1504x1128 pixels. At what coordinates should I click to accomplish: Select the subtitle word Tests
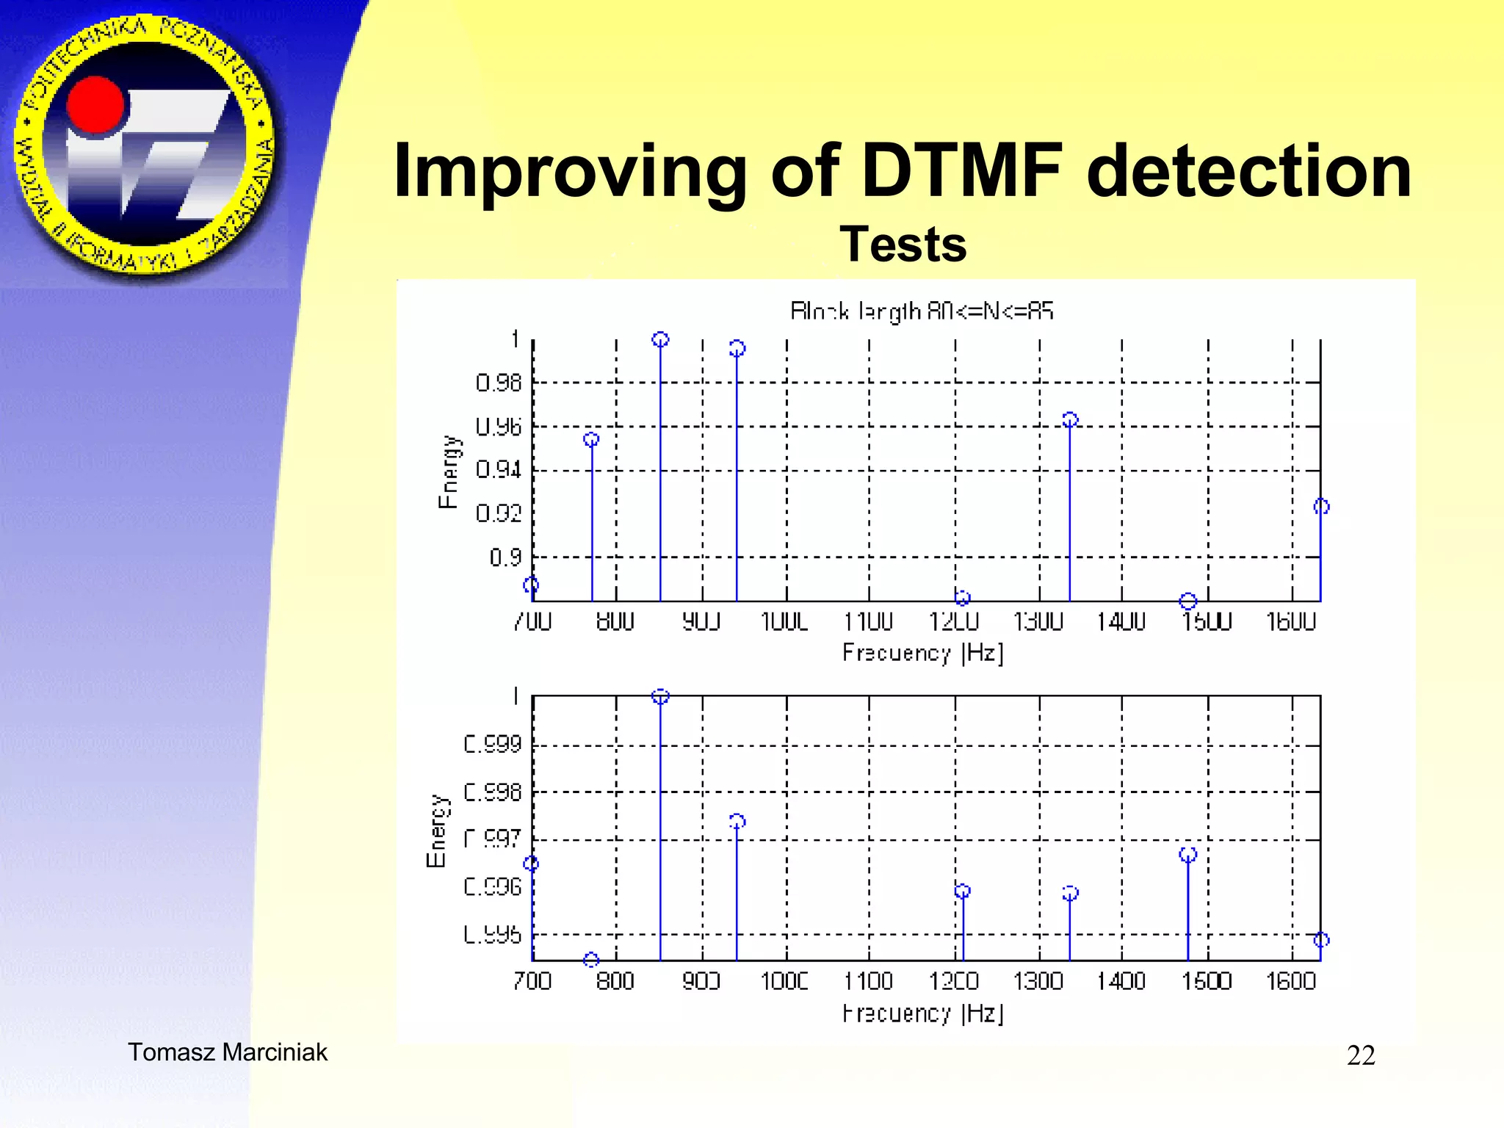(x=903, y=245)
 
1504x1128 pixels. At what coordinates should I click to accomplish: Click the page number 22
(x=1360, y=1055)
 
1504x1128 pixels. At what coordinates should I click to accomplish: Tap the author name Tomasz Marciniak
(x=228, y=1052)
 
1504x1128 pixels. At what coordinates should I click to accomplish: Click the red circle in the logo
(x=96, y=105)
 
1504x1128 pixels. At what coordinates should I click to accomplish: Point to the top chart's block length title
(x=921, y=311)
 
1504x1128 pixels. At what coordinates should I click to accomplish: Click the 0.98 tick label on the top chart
(x=498, y=383)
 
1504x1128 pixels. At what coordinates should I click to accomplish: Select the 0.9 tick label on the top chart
(x=505, y=557)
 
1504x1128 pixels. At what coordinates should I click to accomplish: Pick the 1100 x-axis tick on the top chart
(x=868, y=622)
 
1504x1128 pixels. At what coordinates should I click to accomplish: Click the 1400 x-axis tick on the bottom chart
(x=1121, y=981)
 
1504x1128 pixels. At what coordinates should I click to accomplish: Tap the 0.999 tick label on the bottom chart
(x=492, y=745)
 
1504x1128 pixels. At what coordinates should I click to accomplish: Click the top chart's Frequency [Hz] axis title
(x=922, y=652)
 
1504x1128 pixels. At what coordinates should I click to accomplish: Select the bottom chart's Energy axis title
(x=436, y=831)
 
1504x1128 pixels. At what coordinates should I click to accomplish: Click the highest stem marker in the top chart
(x=660, y=339)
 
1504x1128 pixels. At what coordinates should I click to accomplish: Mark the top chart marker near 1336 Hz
(x=1070, y=419)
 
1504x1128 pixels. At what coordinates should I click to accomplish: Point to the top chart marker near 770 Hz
(x=591, y=439)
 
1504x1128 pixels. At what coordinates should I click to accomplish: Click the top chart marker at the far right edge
(x=1321, y=506)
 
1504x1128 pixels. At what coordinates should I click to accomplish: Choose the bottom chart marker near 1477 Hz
(x=1187, y=854)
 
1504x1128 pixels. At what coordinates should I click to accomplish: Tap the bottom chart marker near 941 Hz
(x=737, y=821)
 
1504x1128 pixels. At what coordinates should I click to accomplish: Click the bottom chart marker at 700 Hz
(x=531, y=864)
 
